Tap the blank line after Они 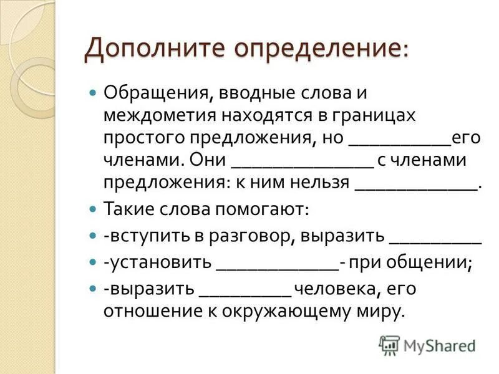point(302,166)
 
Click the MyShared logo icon point(390,345)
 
